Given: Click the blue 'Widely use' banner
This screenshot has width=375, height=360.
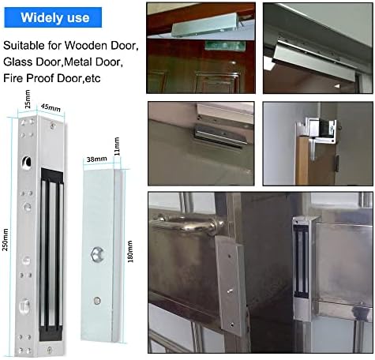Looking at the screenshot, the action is (x=53, y=17).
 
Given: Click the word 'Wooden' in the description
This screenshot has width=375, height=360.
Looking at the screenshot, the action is (x=85, y=46).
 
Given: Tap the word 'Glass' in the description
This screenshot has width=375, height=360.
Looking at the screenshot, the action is (x=18, y=62).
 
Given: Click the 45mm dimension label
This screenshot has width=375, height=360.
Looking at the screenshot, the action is (x=51, y=107).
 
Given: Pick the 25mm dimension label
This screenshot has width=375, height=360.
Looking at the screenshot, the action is (x=28, y=99).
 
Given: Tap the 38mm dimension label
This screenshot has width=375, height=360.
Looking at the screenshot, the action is (x=97, y=159).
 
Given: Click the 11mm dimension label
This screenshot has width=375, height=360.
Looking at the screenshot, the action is (x=117, y=146).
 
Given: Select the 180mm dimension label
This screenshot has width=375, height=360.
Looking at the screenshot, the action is (x=130, y=252).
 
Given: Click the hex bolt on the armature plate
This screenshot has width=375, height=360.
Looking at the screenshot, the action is (x=97, y=254).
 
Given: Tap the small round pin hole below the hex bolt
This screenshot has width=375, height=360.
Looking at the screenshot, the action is (x=97, y=301).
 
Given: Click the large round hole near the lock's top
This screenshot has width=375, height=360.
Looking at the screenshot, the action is (x=27, y=163).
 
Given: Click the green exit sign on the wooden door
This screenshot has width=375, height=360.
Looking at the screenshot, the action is (x=225, y=46).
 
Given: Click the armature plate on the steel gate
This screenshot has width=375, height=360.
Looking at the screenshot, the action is (x=231, y=284).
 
